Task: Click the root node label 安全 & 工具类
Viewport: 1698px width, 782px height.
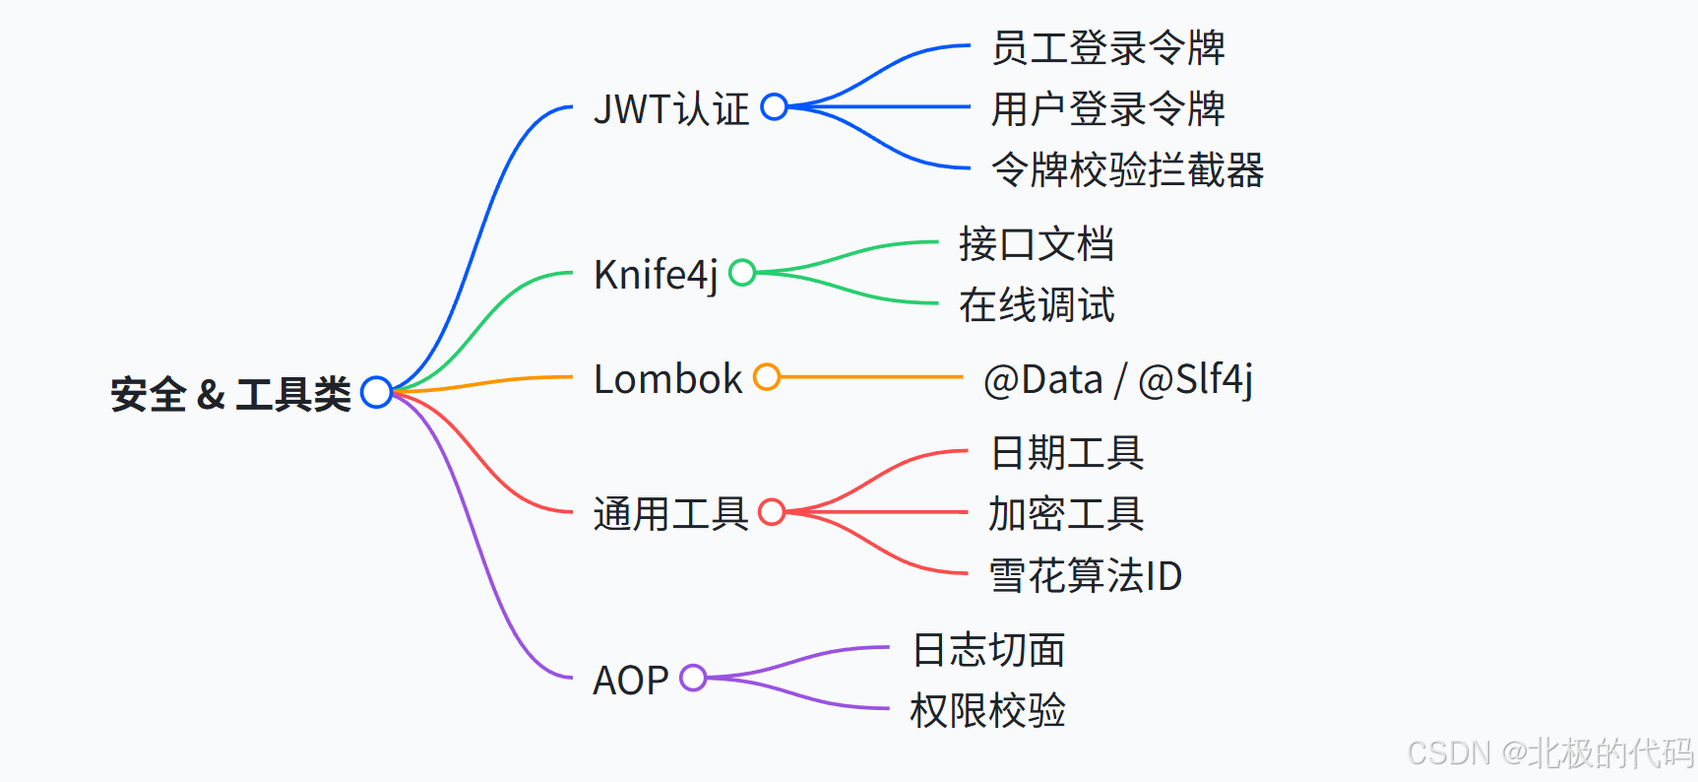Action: click(230, 395)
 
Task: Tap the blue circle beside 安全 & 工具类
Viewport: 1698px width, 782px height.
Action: click(376, 392)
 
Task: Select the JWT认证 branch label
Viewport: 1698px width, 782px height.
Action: click(671, 108)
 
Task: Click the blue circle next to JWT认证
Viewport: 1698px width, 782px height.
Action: click(775, 106)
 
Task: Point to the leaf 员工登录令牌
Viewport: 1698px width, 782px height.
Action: click(1107, 47)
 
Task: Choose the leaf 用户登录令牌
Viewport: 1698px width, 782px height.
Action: click(1107, 108)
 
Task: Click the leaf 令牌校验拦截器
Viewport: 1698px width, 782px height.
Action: click(1127, 169)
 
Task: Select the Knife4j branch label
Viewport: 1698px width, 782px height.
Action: click(656, 275)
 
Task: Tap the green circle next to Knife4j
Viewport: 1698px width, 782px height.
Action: click(742, 273)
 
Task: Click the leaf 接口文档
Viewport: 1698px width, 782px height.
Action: click(1037, 243)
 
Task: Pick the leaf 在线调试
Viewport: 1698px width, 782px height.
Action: click(1037, 304)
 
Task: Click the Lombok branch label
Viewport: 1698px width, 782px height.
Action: click(667, 379)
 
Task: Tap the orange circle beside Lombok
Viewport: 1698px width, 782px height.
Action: click(767, 377)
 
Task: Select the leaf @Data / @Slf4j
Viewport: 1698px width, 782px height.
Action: click(1118, 379)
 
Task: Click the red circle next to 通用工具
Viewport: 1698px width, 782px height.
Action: click(772, 512)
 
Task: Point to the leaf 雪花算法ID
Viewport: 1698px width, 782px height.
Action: click(1085, 575)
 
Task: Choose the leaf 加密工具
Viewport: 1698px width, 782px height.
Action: click(1066, 513)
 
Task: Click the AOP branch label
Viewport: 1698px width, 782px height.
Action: click(630, 681)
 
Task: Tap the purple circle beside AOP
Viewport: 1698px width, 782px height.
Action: click(693, 678)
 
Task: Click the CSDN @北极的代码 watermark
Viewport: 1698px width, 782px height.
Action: click(1549, 753)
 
